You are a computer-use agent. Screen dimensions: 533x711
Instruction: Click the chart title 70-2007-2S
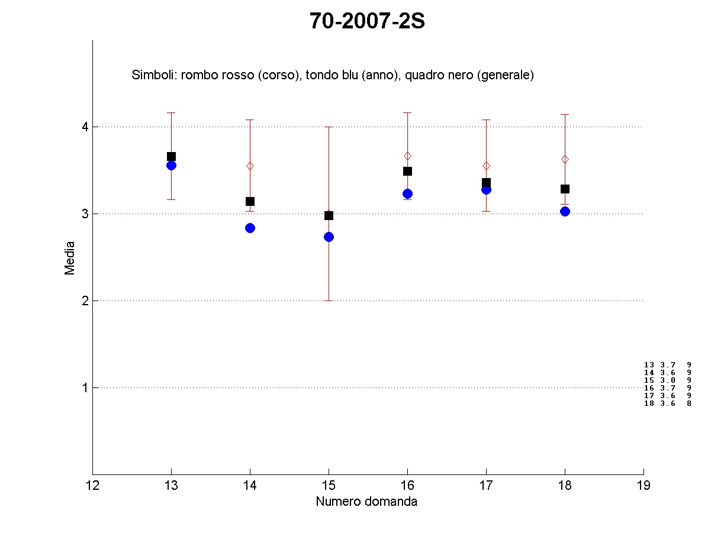367,21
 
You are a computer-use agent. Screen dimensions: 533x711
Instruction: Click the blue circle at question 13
171,165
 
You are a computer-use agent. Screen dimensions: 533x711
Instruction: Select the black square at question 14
250,201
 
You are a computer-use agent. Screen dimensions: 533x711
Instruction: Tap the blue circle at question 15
329,237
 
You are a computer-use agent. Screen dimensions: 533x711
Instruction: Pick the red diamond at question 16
407,156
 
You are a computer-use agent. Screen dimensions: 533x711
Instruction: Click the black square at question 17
486,183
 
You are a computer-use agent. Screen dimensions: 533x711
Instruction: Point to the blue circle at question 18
565,211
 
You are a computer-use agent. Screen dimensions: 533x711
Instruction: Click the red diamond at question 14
250,166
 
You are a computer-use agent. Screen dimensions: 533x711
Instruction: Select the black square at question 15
329,215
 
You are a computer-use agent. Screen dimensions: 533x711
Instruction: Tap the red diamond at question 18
565,159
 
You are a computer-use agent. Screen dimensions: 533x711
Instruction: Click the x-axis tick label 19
644,486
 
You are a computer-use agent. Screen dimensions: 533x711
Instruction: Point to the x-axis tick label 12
92,486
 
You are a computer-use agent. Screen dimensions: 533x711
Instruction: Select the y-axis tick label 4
85,127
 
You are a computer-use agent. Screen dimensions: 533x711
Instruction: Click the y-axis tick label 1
85,387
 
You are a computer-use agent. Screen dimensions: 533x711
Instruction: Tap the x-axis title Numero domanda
366,502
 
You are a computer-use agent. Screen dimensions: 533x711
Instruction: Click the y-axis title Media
70,257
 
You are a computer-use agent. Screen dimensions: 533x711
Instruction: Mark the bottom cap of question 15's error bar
329,301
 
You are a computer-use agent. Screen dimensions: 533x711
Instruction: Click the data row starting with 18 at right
667,403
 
